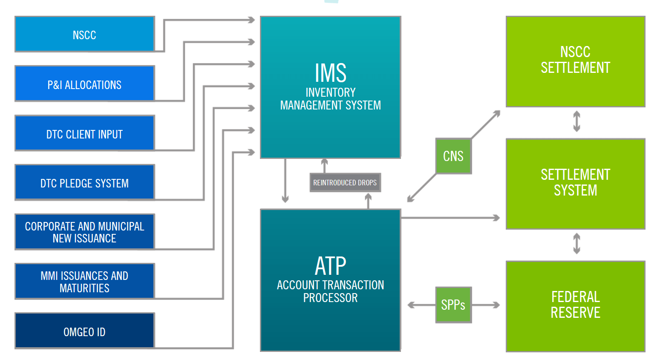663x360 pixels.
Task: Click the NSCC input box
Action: (84, 35)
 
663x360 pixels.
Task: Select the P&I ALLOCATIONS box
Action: (84, 84)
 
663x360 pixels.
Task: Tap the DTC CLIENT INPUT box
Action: (84, 133)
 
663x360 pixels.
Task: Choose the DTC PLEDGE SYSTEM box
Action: (84, 183)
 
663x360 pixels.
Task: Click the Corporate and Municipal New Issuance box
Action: (84, 232)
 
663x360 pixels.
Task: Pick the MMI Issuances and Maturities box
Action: (84, 282)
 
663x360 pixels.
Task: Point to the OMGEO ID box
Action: (84, 331)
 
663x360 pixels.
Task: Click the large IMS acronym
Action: (330, 73)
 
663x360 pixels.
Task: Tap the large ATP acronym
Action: (330, 266)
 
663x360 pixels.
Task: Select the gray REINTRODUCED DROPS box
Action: (345, 183)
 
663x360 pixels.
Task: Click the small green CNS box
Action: (453, 156)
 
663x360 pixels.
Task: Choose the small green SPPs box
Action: (453, 305)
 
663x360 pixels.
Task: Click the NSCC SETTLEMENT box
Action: (575, 61)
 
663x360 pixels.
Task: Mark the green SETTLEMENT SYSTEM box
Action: (575, 184)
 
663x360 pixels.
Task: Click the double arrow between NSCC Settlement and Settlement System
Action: (577, 121)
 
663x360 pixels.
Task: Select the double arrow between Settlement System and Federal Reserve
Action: (577, 244)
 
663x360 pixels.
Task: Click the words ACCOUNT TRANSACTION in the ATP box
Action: (330, 285)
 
